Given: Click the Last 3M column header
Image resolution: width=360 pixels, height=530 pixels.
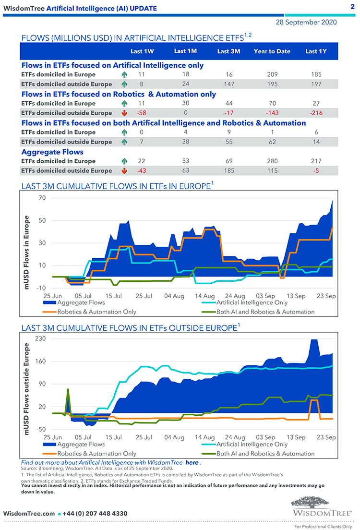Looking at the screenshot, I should point(228,51).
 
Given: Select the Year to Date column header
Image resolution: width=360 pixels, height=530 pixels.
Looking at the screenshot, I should point(272,51).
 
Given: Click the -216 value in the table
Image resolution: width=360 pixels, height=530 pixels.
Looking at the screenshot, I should point(316,113).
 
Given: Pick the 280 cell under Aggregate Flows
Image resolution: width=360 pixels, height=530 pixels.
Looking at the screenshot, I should point(273,161).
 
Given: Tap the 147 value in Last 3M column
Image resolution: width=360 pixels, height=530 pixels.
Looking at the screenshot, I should point(228,84).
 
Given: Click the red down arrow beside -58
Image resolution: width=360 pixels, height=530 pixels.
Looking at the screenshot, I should point(124,113).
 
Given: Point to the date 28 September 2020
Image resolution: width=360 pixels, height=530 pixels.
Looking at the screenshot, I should point(306,22).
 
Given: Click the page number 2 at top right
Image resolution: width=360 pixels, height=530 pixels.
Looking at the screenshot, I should point(352,7).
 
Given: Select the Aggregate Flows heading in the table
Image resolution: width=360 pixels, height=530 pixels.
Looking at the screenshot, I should point(52,152).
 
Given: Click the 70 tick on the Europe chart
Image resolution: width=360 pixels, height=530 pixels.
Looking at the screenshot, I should point(41,198).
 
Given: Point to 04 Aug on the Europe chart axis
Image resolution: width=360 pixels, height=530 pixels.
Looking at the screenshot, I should point(174,296).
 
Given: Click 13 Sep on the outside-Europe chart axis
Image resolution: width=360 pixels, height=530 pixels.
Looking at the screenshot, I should point(296,437).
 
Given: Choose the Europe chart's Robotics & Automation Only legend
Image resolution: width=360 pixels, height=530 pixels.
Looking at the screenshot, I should point(96,312).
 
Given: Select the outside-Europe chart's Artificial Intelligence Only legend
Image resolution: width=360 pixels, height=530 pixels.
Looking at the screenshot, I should point(252,444).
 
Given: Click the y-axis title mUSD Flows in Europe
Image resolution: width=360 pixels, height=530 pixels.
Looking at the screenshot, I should point(27,253).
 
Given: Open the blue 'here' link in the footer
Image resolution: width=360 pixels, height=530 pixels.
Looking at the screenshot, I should point(192,462).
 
